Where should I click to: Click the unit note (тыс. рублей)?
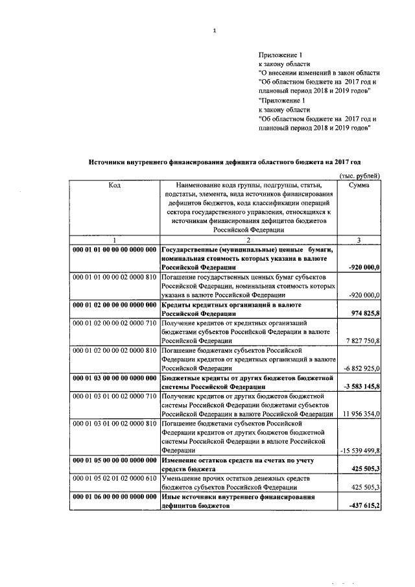coord(360,176)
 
